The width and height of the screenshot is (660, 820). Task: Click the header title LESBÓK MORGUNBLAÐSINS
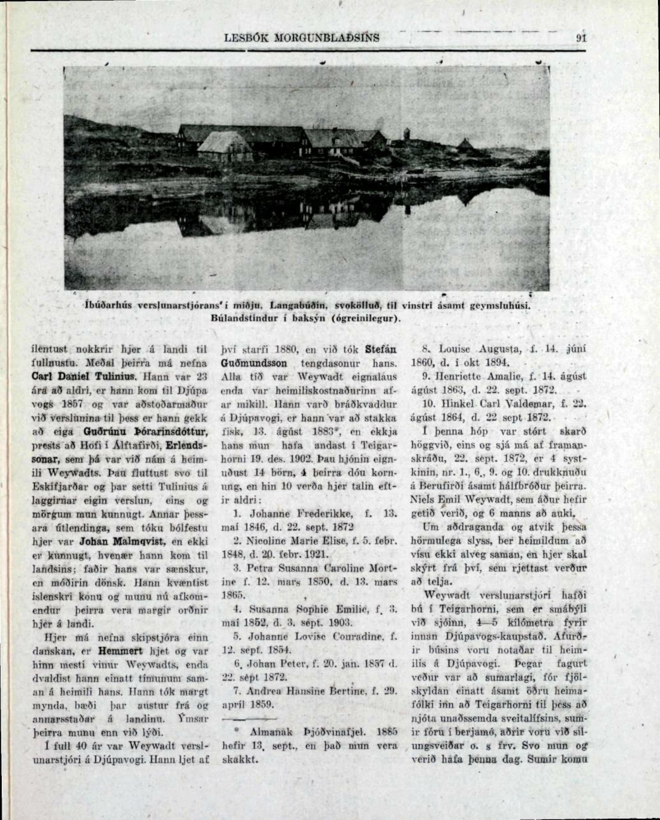pyautogui.click(x=302, y=38)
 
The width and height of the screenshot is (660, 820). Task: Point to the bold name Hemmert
pyautogui.click(x=120, y=650)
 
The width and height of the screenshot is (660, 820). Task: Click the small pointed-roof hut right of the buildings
pyautogui.click(x=464, y=144)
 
